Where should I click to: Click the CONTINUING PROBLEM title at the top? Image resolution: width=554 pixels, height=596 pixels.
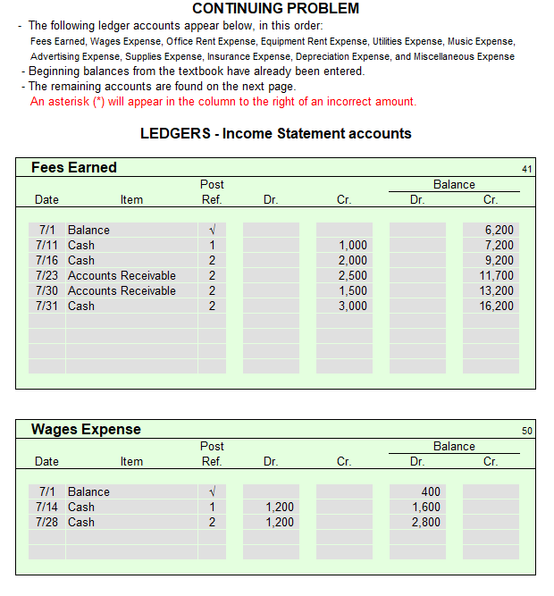click(x=276, y=9)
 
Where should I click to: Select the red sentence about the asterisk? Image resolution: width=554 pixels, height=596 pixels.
click(x=223, y=101)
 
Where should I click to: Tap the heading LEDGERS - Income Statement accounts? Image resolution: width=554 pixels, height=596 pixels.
click(x=275, y=134)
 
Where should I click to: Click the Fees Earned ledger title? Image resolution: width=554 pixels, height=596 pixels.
click(x=74, y=167)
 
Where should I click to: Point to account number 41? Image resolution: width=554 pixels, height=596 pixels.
click(x=526, y=168)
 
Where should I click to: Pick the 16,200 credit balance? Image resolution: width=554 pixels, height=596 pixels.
click(x=498, y=306)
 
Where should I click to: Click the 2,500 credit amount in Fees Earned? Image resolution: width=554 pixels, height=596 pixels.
click(x=353, y=275)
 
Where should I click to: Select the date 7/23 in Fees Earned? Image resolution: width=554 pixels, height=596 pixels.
click(x=46, y=275)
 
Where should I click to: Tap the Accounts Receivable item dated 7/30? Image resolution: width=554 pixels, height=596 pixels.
click(x=122, y=290)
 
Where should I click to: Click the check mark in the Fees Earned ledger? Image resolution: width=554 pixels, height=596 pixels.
click(x=212, y=230)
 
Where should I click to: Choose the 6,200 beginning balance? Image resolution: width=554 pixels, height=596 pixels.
click(x=499, y=230)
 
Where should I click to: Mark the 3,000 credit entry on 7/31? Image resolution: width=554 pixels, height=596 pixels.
click(x=353, y=306)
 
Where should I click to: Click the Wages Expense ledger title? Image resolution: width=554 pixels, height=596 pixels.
click(x=86, y=429)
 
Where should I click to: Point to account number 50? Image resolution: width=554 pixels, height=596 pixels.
click(x=526, y=431)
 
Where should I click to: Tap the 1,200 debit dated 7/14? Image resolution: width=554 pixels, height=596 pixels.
click(x=280, y=507)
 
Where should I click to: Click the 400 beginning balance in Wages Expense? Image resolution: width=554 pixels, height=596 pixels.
click(x=430, y=491)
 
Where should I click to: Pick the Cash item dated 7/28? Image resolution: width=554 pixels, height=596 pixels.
click(x=81, y=522)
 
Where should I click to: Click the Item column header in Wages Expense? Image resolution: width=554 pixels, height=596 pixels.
click(x=131, y=461)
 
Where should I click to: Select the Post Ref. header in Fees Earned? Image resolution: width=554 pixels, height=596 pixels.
click(x=212, y=192)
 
